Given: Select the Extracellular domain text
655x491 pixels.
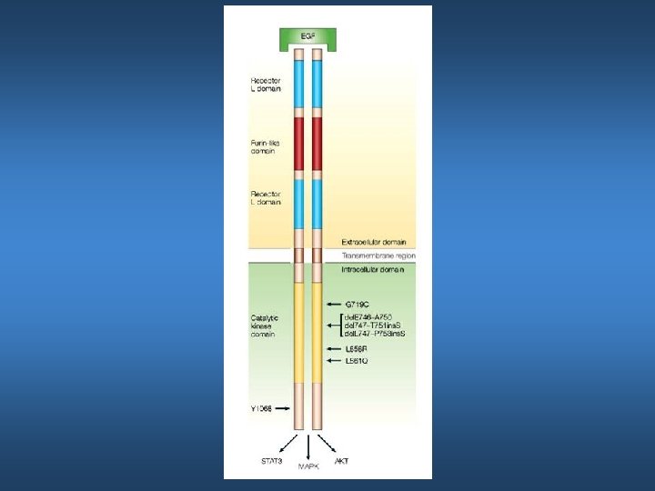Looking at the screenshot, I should [373, 243].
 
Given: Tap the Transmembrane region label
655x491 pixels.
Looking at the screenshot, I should [378, 256].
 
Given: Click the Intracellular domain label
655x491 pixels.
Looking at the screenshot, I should [372, 270].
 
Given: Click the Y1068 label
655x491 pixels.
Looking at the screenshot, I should [263, 409].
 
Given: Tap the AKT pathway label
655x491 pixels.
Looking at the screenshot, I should [342, 461].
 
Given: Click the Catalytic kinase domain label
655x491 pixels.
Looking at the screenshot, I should [265, 326].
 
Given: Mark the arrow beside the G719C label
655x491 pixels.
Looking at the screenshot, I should [334, 303].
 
